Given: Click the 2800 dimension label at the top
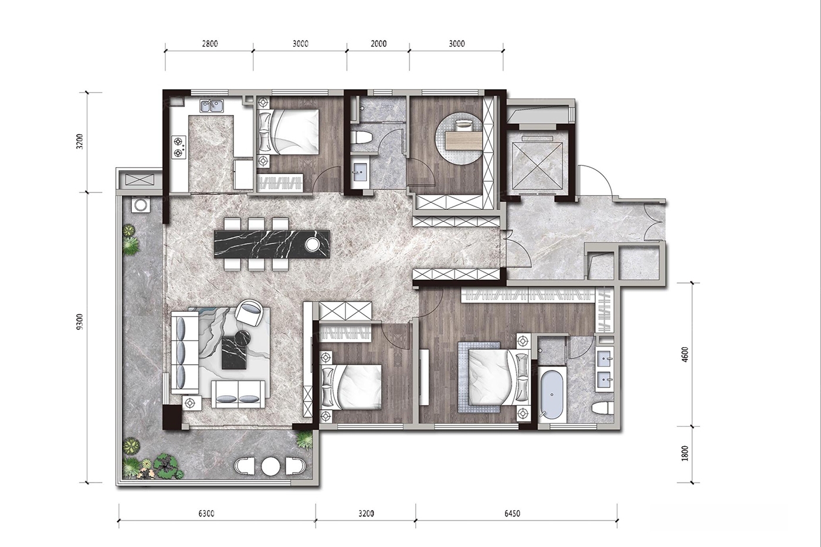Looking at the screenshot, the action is [x=210, y=44].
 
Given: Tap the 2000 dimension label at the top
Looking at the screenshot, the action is [x=378, y=44].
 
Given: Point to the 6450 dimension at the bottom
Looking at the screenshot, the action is [x=512, y=514].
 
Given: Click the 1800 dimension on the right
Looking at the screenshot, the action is [x=686, y=453].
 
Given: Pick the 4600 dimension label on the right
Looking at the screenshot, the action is [x=686, y=354].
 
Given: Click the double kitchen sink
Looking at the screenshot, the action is [x=212, y=106].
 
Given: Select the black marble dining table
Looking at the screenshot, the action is [x=272, y=244].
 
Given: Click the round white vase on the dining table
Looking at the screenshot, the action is [x=312, y=244].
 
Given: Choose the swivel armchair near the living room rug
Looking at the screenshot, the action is [x=249, y=312].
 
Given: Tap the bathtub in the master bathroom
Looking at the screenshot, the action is [x=552, y=395].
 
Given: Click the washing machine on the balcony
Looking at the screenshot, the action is [x=140, y=205].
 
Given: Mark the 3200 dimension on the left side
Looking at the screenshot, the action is [x=80, y=141].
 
